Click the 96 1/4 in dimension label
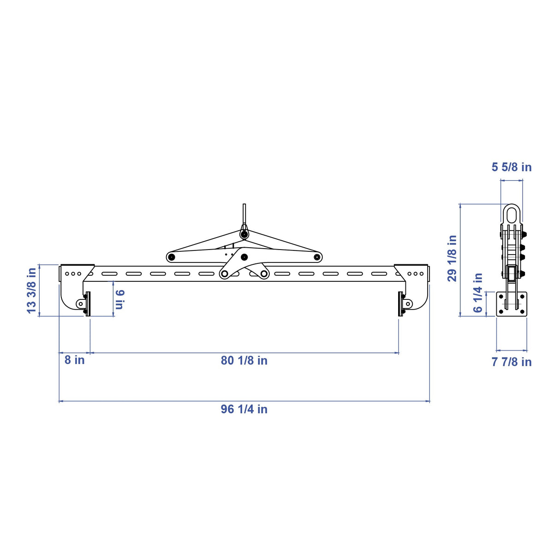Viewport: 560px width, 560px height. [x=244, y=409]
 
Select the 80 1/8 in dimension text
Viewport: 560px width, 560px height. [x=244, y=360]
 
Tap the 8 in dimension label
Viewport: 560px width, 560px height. [x=74, y=360]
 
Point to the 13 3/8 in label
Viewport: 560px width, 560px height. [x=31, y=290]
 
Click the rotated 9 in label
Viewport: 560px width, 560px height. [x=120, y=299]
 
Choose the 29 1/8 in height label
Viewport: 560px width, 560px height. [x=452, y=258]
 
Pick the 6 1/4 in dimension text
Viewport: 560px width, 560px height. [x=477, y=292]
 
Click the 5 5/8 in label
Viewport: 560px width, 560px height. [x=512, y=167]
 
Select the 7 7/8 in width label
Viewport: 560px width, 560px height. [x=512, y=362]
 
